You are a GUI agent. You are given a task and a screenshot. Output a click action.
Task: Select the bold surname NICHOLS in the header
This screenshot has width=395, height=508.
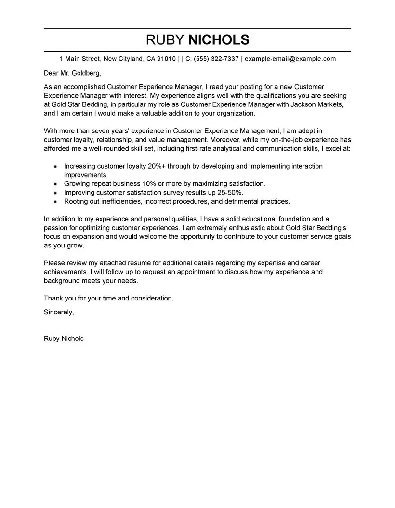point(219,39)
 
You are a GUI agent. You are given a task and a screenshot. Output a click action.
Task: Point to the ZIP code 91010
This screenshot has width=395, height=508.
point(166,59)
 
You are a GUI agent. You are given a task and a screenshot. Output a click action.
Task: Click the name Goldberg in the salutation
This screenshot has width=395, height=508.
point(85,73)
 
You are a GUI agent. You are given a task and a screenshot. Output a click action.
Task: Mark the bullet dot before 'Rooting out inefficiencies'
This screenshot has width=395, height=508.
point(55,202)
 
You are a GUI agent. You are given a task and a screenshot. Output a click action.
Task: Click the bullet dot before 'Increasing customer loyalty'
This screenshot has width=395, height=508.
point(55,167)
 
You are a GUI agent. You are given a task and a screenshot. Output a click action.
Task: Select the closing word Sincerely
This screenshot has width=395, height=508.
point(59,312)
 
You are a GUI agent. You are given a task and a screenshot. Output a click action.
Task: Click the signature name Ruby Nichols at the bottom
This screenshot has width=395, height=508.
point(64,339)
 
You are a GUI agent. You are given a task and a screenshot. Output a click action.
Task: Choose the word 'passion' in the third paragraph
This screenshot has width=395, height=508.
point(56,228)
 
